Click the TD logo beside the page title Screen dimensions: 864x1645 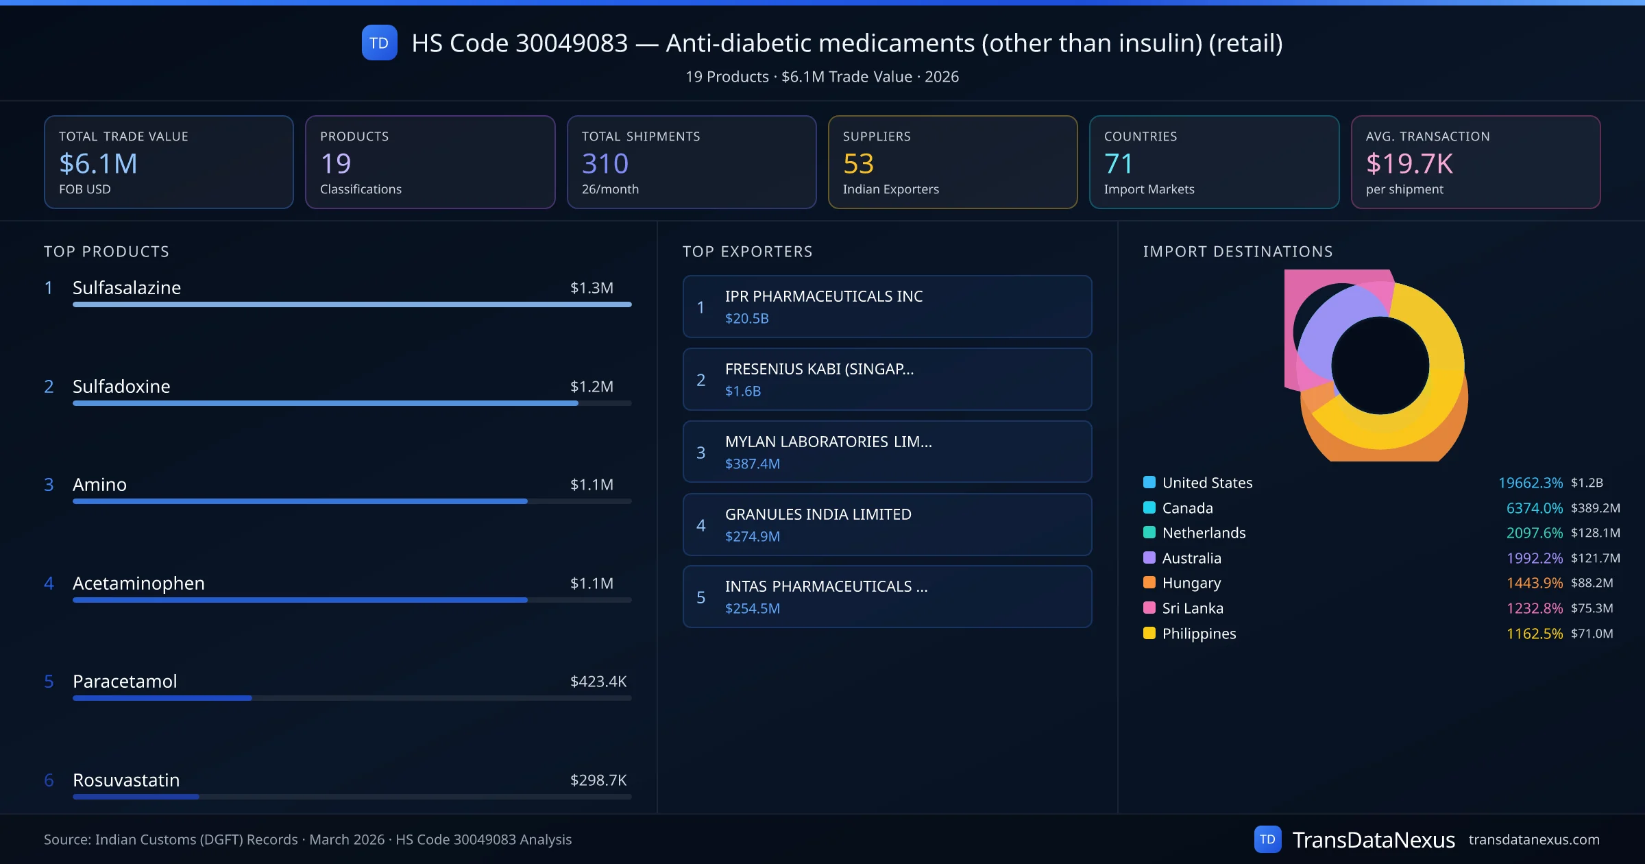tap(379, 43)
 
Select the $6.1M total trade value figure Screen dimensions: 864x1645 tap(98, 164)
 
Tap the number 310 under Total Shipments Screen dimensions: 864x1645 tap(605, 164)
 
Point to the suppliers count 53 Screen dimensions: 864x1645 tap(858, 164)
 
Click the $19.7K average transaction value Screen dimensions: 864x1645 tap(1409, 164)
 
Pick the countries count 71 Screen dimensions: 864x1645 tap(1118, 164)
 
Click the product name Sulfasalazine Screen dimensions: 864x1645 tap(127, 288)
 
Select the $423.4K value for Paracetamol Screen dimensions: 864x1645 tap(598, 682)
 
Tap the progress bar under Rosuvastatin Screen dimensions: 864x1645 tap(352, 797)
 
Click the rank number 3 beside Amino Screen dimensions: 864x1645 tap(49, 485)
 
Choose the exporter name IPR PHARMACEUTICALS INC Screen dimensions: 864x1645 tap(823, 296)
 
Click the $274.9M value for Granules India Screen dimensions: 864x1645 tap(752, 536)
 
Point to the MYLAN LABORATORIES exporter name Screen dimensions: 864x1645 tap(828, 442)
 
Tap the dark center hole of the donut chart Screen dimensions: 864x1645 tap(1380, 365)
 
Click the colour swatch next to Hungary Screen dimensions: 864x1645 tap(1149, 583)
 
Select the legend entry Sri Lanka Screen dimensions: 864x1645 tap(1192, 608)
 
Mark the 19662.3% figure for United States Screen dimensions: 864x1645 tap(1530, 483)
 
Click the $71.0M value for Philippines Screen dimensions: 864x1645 tap(1592, 634)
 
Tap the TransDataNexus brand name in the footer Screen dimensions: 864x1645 tap(1373, 840)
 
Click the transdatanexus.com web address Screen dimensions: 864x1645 tap(1533, 840)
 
